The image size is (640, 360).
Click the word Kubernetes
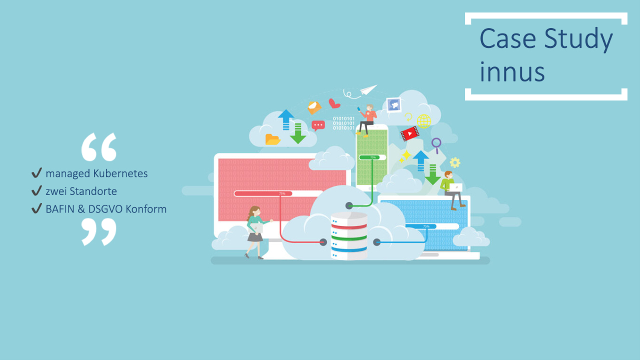coord(120,173)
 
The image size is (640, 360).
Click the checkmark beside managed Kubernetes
coord(37,172)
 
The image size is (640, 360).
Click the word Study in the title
coord(578,39)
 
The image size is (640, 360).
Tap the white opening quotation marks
coord(99,147)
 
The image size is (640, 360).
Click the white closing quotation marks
coord(99,231)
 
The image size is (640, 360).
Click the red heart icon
coord(333,103)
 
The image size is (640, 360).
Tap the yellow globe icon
coord(423,121)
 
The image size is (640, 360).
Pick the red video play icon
coord(410,133)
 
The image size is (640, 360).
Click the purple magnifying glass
coord(436,145)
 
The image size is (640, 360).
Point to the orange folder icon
coord(272,139)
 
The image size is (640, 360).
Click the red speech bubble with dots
coord(318,125)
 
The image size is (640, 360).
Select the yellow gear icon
coord(455,162)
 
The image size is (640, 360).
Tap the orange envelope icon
coord(314,107)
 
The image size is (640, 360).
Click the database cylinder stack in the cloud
coord(349,236)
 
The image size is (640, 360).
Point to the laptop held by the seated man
coord(455,187)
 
